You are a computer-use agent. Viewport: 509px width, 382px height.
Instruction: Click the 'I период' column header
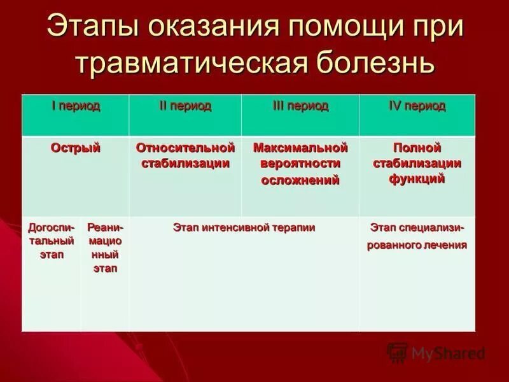76,106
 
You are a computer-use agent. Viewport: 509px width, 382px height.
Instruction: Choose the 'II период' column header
185,106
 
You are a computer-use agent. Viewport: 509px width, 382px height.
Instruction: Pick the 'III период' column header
300,106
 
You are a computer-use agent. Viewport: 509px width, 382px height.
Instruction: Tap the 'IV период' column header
417,106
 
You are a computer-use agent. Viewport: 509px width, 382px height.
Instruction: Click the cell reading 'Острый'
76,148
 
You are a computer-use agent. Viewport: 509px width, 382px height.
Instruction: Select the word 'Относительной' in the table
185,148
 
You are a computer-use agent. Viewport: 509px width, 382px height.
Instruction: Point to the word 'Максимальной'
300,148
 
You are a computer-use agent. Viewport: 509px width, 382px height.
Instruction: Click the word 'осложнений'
300,180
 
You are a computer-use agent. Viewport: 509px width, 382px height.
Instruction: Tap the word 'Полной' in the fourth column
417,148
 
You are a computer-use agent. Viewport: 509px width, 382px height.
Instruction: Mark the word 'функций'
417,180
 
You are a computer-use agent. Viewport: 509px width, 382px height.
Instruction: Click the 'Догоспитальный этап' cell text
52,241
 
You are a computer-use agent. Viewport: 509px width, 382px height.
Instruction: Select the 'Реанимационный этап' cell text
105,247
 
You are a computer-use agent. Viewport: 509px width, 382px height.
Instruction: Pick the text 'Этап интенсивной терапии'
244,227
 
